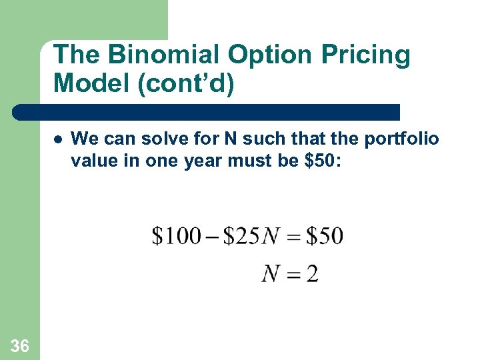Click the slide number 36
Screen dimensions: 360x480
click(x=20, y=345)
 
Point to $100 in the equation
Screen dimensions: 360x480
click(x=176, y=236)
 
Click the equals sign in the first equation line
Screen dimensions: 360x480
click(x=293, y=237)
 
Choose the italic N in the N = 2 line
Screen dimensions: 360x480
click(x=271, y=273)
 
